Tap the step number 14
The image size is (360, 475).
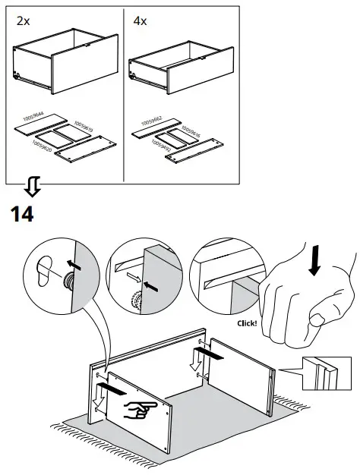[x=23, y=214]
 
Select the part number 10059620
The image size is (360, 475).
[x=40, y=146]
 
